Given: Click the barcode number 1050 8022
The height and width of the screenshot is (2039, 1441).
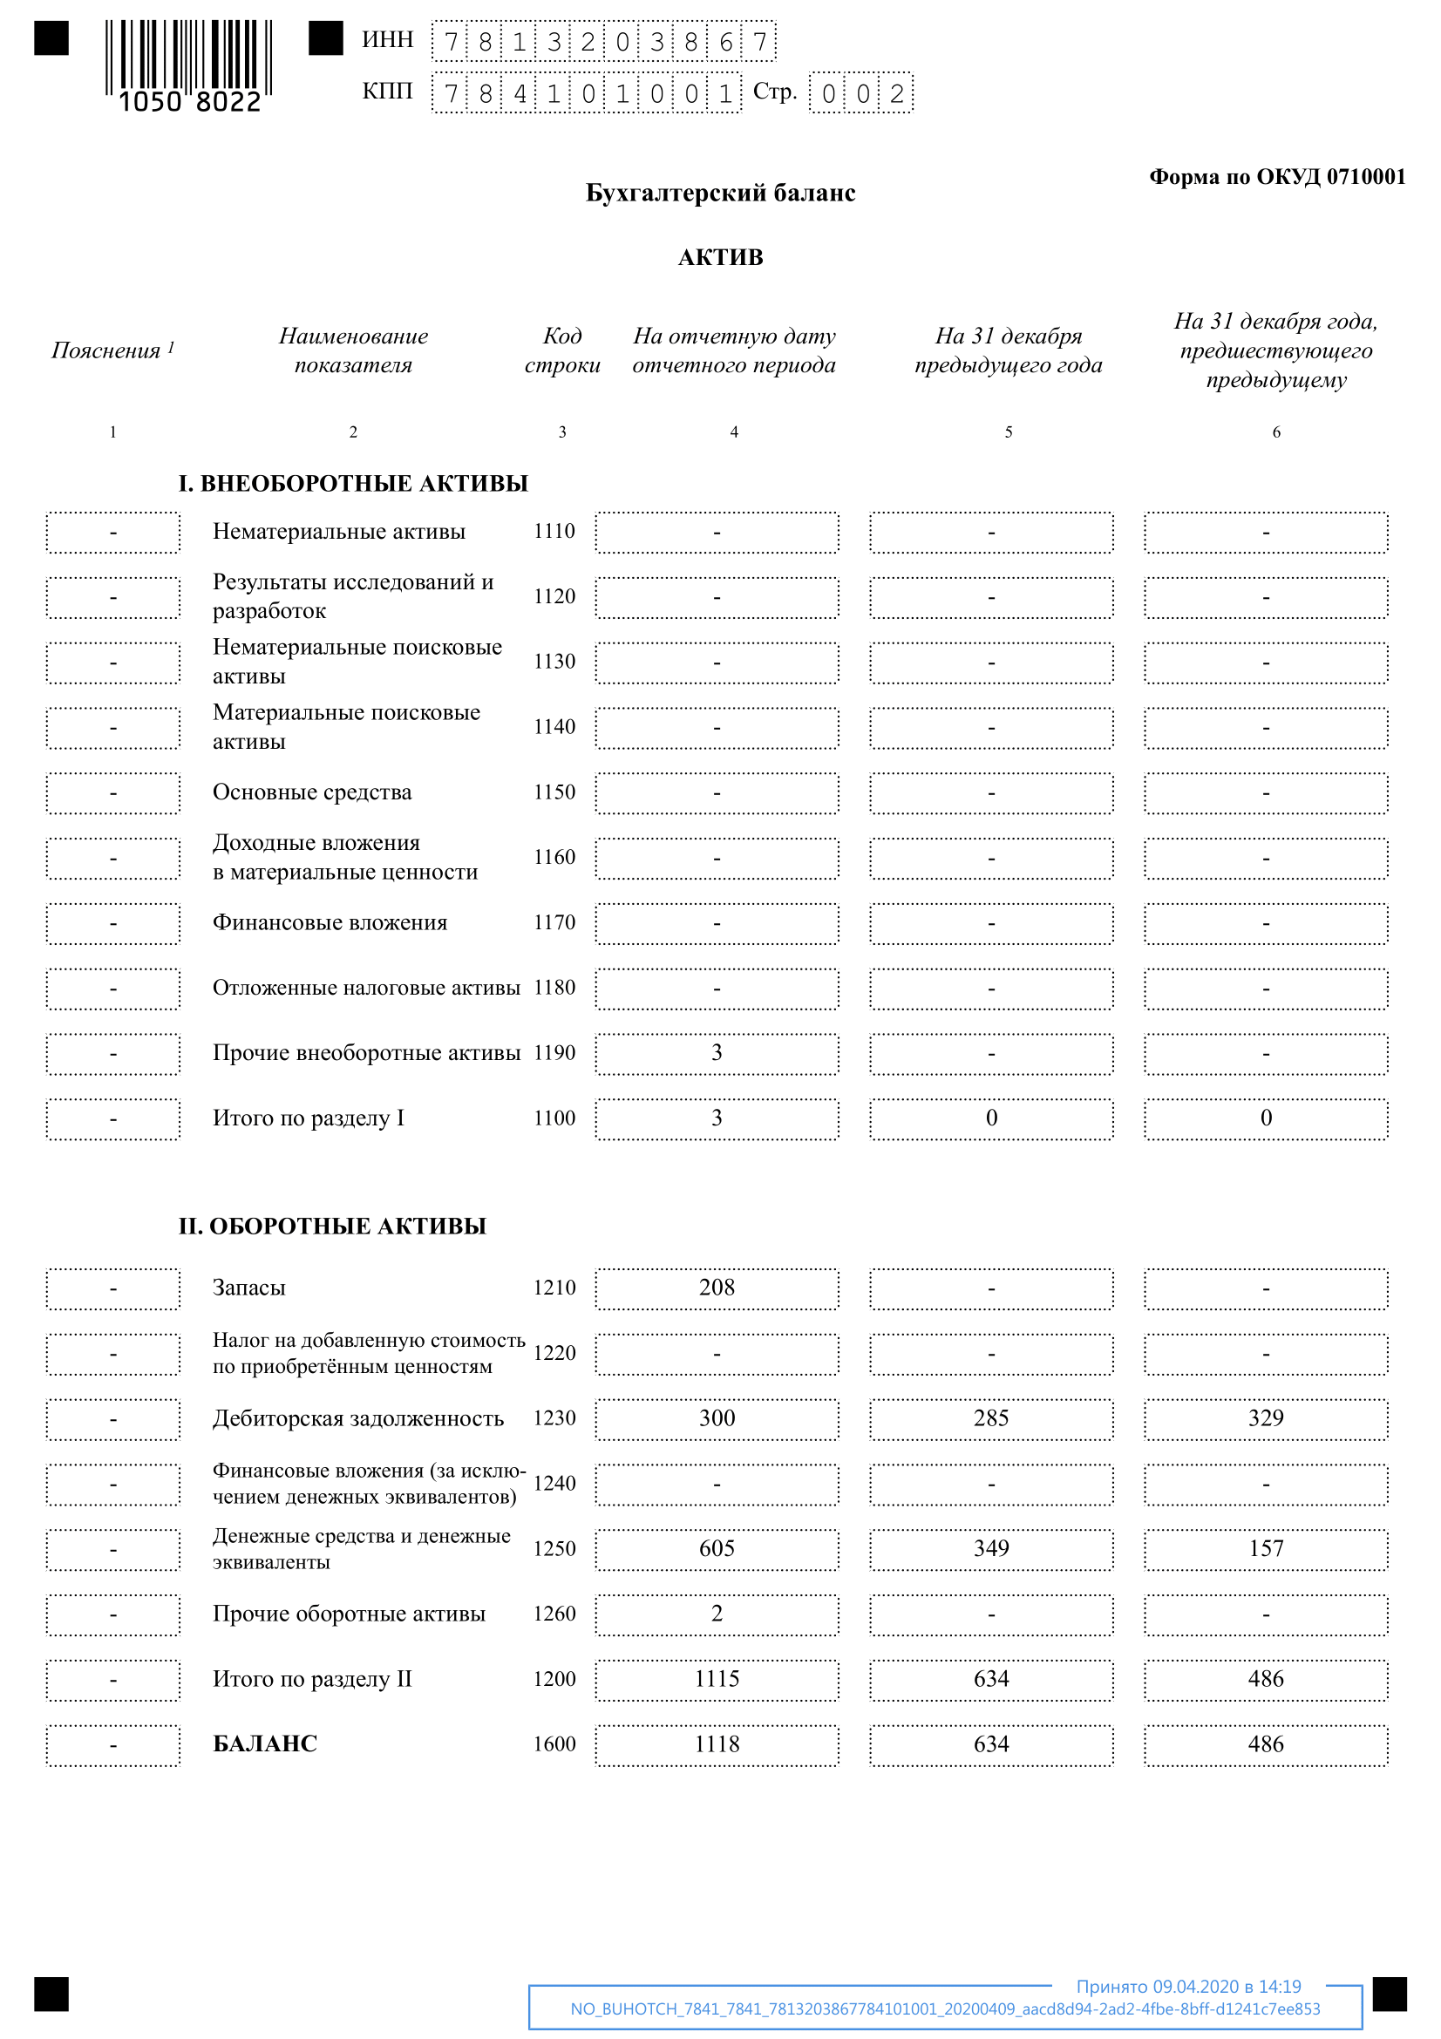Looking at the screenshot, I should (x=190, y=102).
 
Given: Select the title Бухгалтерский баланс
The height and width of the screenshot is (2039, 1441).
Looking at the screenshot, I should (x=720, y=193).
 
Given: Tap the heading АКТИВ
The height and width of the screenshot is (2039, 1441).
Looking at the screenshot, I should (x=720, y=257).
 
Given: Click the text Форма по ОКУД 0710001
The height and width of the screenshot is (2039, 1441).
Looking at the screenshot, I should (x=1277, y=177).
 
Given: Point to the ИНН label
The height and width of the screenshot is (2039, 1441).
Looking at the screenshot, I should (x=387, y=40).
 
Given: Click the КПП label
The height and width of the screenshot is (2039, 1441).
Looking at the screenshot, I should (x=387, y=92).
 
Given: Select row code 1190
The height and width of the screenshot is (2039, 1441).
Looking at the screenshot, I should (x=554, y=1053).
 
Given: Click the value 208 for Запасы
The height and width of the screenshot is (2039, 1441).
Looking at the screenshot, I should (x=717, y=1288).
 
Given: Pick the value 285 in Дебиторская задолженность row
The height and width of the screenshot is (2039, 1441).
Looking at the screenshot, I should (x=991, y=1418).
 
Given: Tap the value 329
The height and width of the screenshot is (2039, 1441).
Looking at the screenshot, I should (x=1265, y=1418).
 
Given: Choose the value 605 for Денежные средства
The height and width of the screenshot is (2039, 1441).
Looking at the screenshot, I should (x=717, y=1549).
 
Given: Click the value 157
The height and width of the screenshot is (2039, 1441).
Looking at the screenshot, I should (x=1265, y=1549).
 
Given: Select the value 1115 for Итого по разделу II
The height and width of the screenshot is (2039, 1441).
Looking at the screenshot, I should (x=717, y=1679).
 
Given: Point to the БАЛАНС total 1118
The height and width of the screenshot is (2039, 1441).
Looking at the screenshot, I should (x=717, y=1744).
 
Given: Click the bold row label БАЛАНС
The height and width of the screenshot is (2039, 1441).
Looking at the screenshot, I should (x=265, y=1744).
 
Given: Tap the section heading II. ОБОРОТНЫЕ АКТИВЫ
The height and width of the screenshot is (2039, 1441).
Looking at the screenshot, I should (x=332, y=1227).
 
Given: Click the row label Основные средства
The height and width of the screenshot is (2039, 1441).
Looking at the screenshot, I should (x=311, y=792).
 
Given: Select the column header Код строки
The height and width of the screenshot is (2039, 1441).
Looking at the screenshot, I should (x=562, y=350).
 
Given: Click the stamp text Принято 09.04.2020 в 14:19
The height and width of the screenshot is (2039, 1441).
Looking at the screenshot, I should (x=1188, y=1987).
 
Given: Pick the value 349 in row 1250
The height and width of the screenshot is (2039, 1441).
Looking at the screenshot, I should (x=991, y=1549).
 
